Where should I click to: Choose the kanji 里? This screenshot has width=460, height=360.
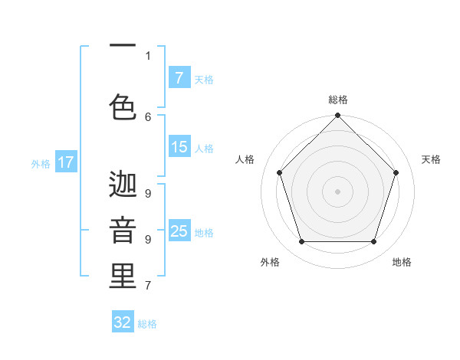123,277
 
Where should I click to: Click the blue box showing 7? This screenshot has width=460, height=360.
179,77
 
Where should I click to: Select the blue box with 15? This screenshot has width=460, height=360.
179,147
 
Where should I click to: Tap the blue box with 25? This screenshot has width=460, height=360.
179,231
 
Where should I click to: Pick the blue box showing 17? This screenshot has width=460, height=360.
66,162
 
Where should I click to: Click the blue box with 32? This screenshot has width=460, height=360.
123,322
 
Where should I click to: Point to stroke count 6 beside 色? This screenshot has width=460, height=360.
148,116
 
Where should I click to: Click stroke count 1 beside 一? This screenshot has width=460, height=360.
148,55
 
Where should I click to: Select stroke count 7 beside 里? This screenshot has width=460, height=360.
148,286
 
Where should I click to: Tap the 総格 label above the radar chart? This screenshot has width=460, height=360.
337,100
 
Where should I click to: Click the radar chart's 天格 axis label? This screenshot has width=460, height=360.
432,159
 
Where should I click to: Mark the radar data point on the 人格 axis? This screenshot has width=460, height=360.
279,172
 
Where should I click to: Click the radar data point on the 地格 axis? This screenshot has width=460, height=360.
373,242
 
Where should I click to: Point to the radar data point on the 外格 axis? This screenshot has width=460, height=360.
301,242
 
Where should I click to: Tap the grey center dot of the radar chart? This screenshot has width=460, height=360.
337,191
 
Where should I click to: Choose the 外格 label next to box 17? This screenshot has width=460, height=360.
40,163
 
